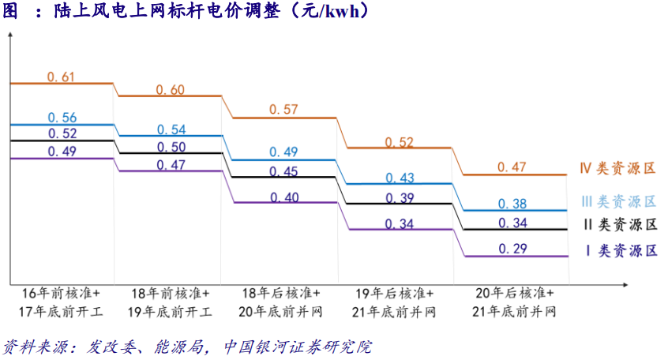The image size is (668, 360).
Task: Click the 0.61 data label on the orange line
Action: coord(61,77)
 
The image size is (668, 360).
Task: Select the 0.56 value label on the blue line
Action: coord(61,118)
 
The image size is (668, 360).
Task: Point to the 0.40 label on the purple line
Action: coord(284,197)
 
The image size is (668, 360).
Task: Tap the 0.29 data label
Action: coord(513,249)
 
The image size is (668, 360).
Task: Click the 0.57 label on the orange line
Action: coord(284,110)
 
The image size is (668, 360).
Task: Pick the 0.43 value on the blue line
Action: coord(400,178)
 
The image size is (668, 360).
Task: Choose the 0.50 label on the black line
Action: coord(171,147)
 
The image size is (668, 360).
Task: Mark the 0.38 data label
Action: coord(513,204)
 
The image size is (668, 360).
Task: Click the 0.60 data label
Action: coord(171,89)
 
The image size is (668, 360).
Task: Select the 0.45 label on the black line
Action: coord(284,171)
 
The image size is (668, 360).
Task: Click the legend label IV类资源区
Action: coord(617,168)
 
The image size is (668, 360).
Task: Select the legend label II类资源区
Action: coord(619,224)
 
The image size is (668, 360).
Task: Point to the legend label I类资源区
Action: coord(621,250)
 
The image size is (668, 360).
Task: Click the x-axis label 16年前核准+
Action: coord(62,293)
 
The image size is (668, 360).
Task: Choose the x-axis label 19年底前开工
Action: coord(171,311)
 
